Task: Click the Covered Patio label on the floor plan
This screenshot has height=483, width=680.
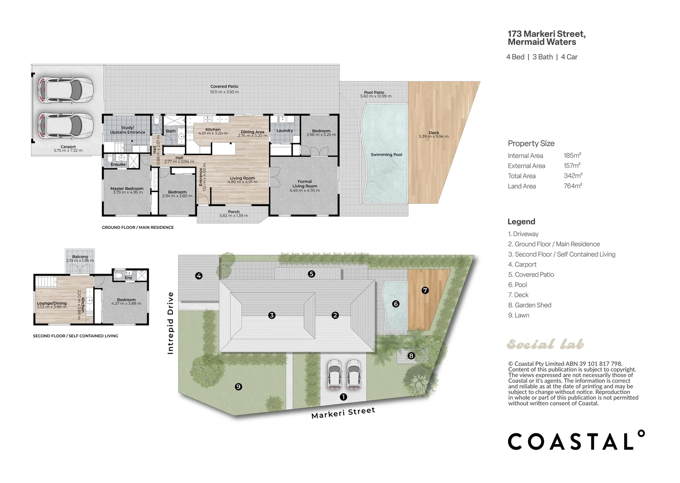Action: (224, 87)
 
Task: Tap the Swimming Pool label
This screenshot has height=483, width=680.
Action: (386, 155)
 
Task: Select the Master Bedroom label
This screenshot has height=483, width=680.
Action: (127, 188)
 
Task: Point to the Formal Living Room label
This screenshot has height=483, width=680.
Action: (305, 184)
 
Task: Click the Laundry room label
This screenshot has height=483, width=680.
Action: (285, 131)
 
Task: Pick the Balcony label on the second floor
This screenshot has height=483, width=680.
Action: (80, 257)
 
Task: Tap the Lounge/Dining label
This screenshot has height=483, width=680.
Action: (52, 303)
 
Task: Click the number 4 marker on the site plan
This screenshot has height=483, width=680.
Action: (199, 276)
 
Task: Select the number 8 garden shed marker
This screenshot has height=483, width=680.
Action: (411, 356)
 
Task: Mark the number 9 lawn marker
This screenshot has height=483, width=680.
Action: (238, 387)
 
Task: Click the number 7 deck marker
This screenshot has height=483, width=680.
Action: (425, 290)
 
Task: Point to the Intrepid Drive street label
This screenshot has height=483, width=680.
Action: (170, 323)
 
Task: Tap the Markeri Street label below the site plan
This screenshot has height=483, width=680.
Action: (343, 413)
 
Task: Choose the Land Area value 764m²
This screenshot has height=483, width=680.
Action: (573, 186)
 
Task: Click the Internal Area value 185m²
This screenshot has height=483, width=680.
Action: (572, 155)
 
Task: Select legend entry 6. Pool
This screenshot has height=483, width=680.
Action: (517, 285)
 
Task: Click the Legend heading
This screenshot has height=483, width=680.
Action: (521, 221)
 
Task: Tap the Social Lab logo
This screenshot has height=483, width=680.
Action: (545, 344)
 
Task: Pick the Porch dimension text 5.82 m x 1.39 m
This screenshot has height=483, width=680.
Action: (234, 216)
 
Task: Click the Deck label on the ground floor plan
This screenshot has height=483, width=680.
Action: (434, 133)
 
